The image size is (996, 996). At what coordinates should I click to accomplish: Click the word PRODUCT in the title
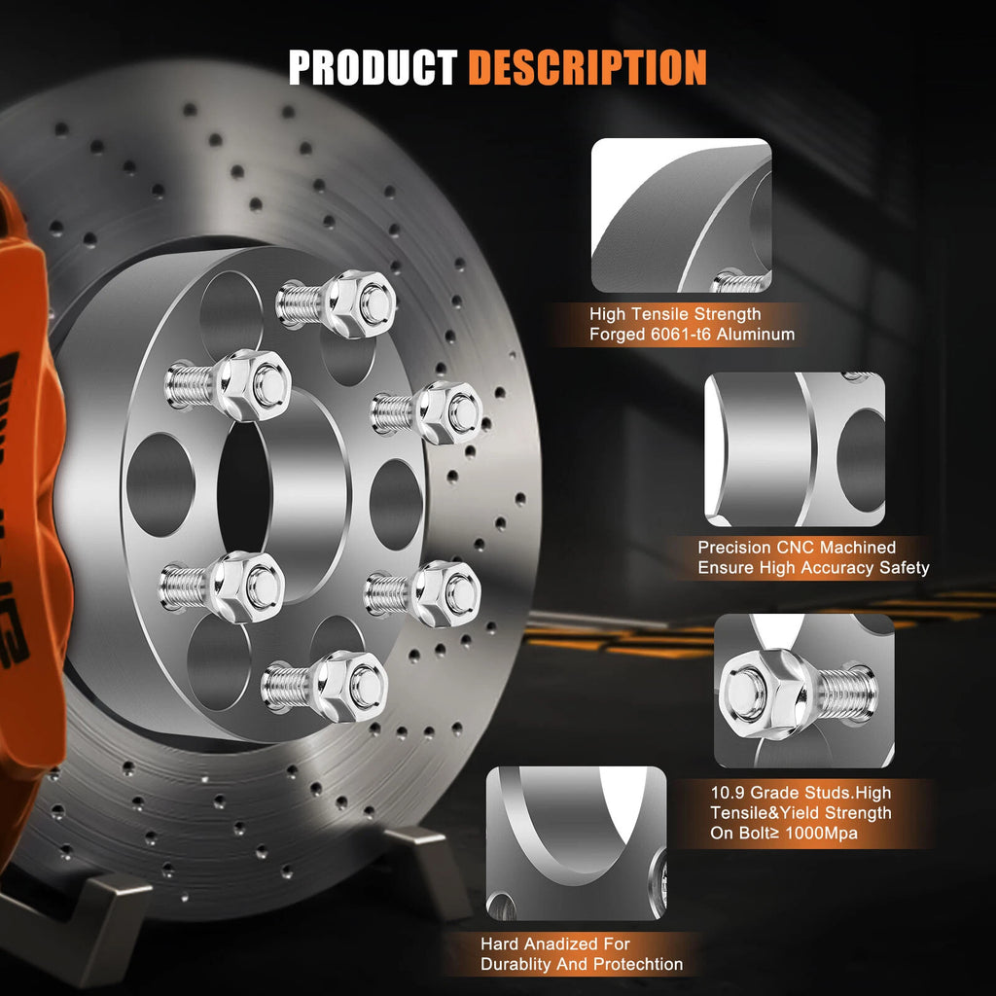tap(373, 67)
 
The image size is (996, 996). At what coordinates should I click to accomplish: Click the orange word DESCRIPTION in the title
tap(587, 67)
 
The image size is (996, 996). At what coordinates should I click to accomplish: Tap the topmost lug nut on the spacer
tap(361, 303)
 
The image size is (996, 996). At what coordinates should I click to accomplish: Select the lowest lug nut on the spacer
tap(351, 686)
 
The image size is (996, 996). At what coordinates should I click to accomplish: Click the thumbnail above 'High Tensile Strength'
tap(682, 215)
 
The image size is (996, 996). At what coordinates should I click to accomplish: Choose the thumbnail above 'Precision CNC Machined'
tap(795, 449)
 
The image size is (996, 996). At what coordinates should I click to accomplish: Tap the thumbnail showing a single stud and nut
tap(804, 691)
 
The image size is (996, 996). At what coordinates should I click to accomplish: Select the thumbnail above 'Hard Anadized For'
tap(576, 843)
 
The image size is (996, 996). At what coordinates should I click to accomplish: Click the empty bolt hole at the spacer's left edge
tap(160, 484)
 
